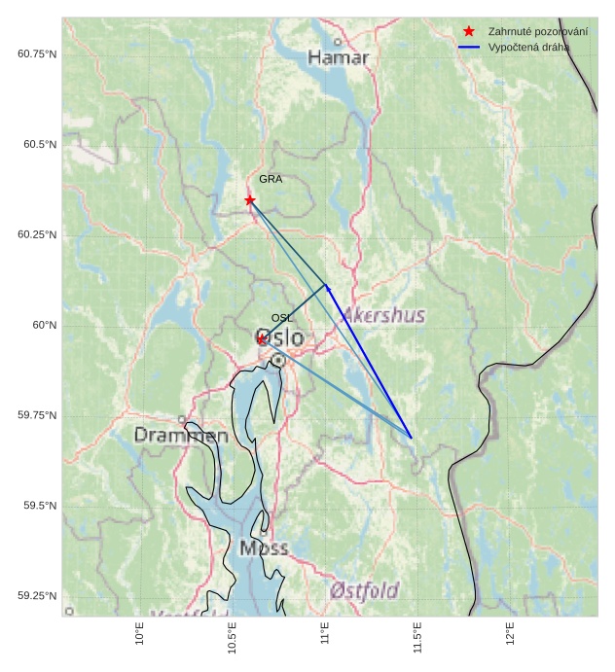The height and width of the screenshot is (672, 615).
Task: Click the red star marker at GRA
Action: (x=250, y=199)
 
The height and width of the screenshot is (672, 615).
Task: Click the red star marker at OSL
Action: (x=262, y=338)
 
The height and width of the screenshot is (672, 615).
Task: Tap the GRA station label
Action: (x=270, y=179)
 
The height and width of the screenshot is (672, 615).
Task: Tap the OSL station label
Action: (x=281, y=318)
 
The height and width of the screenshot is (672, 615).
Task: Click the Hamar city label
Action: (x=339, y=58)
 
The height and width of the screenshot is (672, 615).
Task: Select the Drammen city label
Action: (x=181, y=436)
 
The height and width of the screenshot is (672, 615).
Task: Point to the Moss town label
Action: (x=264, y=548)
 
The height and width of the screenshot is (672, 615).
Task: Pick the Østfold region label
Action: (x=364, y=590)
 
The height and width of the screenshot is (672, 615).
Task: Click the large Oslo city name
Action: (x=279, y=338)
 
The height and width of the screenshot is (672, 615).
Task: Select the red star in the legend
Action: (x=469, y=31)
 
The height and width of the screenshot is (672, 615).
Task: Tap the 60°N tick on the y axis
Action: (x=45, y=325)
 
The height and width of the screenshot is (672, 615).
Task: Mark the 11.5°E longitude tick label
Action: (x=418, y=638)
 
